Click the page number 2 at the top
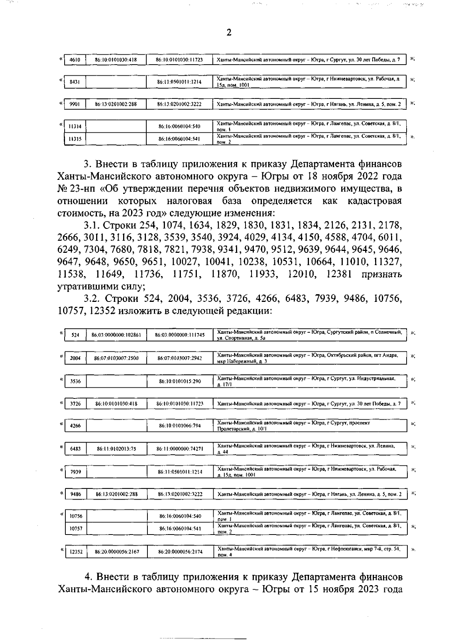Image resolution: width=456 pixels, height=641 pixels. pos(229,33)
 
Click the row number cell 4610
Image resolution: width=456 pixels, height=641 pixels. pos(74,60)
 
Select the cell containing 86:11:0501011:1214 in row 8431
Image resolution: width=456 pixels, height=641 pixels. pos(179,82)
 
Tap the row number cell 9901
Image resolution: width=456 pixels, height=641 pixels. pos(74,104)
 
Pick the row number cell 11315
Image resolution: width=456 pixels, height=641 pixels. pos(75,139)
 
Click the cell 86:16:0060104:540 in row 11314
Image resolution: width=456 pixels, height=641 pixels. pos(179,126)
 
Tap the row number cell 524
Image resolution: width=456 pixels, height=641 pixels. pos(75,335)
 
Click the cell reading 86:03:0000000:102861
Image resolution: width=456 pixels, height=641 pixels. pos(116,335)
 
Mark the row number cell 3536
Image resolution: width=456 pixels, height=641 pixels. pos(75,381)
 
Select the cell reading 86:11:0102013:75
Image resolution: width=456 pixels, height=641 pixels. pos(116,449)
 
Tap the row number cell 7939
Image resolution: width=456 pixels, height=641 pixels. pos(75,472)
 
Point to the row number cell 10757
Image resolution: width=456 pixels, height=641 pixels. pos(76,528)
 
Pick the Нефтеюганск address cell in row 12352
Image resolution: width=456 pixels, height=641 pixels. pos(309,552)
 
